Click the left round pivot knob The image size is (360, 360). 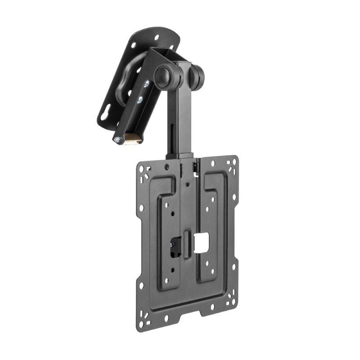coord(162,76)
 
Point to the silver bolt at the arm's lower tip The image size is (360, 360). coord(117,140)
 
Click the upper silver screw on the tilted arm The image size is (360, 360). coord(146,85)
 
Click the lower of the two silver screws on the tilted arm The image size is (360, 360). coord(140,99)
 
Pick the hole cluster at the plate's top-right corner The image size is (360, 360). coord(232,164)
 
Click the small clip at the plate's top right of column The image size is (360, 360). coord(196,166)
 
